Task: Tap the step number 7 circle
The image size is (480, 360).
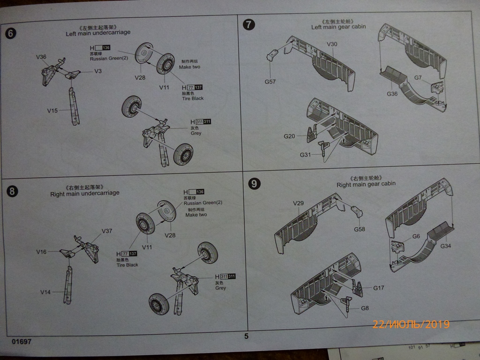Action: (x=248, y=24)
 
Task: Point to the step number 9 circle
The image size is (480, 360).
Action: (x=254, y=184)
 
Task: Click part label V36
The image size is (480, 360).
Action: (x=41, y=57)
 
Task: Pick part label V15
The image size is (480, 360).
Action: (x=52, y=111)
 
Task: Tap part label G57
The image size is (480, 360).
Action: (x=270, y=82)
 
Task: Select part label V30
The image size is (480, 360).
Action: (x=332, y=44)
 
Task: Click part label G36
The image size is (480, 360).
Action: (x=392, y=94)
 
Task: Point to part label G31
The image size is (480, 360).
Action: (x=306, y=155)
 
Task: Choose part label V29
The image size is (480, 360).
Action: (x=299, y=203)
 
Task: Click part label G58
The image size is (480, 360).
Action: (x=360, y=229)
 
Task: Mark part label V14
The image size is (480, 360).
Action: (x=45, y=292)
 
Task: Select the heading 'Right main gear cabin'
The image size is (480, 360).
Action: (x=366, y=184)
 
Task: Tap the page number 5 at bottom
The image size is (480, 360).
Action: (x=247, y=336)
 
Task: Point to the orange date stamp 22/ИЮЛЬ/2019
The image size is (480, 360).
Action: (x=411, y=324)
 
